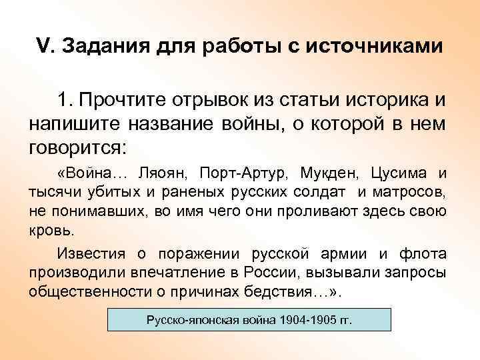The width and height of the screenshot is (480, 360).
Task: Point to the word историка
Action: click(382, 100)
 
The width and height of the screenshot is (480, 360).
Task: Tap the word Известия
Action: click(85, 254)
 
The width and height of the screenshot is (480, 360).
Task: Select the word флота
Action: click(423, 254)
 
